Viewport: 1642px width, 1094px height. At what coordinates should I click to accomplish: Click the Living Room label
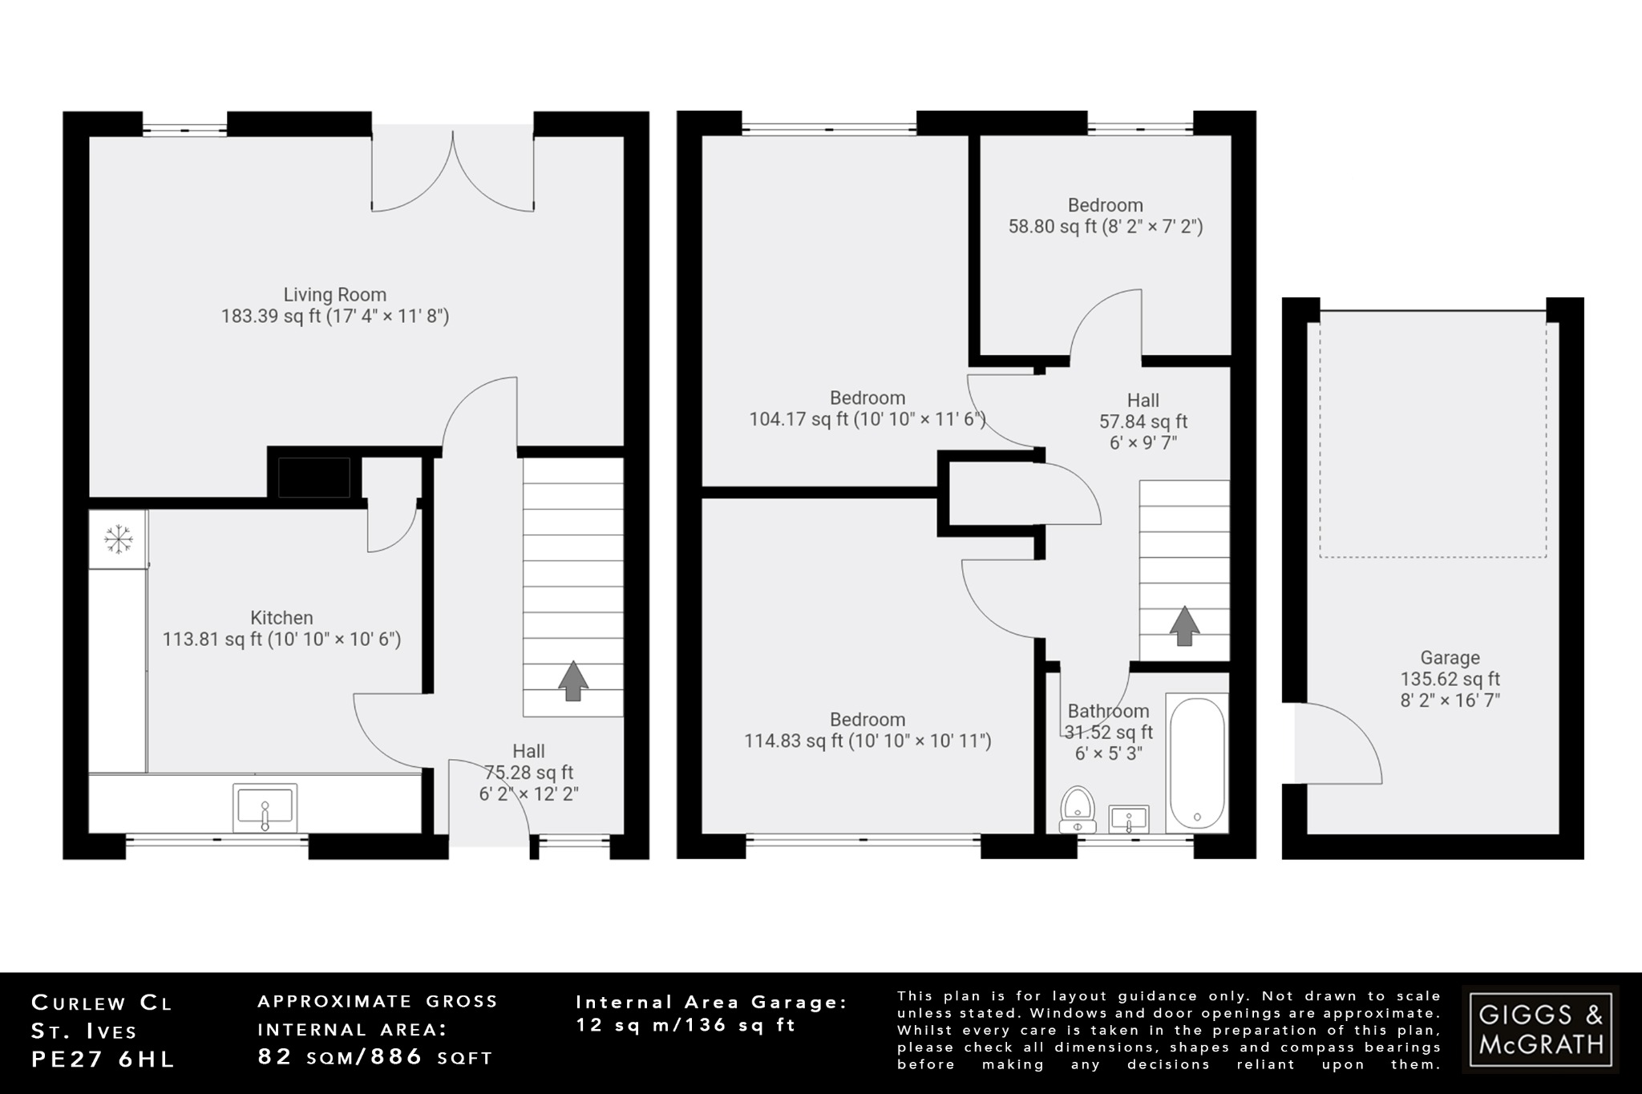(335, 295)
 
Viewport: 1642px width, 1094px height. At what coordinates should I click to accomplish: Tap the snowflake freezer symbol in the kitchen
(118, 539)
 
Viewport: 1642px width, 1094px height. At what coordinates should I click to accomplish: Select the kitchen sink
(265, 808)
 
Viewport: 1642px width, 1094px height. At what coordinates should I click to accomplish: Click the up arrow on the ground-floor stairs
(572, 680)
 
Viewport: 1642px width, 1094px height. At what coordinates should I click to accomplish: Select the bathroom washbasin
(1129, 820)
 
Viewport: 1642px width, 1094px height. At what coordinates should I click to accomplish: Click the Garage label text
(1450, 658)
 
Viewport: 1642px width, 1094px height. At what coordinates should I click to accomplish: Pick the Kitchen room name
(281, 618)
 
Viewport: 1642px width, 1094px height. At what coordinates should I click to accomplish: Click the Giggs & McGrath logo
(1540, 1030)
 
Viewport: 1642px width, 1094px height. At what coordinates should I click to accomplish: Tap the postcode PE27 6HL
(103, 1060)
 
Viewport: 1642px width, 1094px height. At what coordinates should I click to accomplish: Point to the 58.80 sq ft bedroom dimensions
(1106, 227)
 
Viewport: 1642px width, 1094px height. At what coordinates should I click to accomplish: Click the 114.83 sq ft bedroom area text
(868, 741)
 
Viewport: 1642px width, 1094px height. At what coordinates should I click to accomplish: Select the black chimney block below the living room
(313, 478)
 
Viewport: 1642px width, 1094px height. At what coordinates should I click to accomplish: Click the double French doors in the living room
(453, 172)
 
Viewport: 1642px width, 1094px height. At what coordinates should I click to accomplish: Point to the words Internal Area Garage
(711, 1002)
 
